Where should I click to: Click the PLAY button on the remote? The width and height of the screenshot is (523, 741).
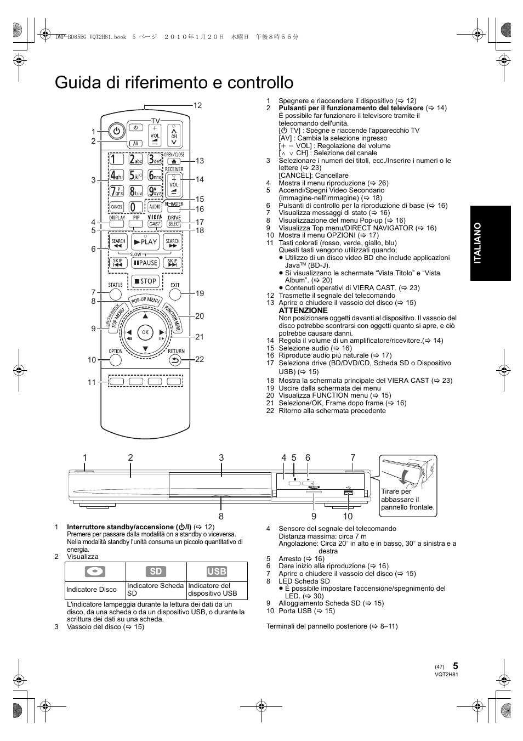pos(145,241)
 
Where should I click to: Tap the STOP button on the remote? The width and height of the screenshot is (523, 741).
pos(145,281)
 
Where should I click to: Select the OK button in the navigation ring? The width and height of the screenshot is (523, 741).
pos(145,332)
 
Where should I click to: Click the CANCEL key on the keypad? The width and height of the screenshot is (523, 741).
pos(116,207)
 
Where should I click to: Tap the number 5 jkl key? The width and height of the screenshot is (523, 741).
pos(135,175)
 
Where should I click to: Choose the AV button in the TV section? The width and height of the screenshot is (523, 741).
pos(135,143)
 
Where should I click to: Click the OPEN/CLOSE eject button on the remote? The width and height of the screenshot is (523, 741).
pos(174,161)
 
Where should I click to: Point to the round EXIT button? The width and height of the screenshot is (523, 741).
pos(175,294)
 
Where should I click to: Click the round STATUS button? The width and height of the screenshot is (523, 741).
pos(115,294)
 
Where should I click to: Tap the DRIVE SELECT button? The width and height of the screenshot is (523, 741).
pos(174,224)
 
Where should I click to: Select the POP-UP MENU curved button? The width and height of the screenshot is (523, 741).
pos(145,300)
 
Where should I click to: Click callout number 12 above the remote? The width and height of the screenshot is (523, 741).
pos(197,105)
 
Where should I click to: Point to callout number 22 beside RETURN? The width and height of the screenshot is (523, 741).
pos(200,359)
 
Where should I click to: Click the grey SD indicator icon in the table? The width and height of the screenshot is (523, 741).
pos(156,572)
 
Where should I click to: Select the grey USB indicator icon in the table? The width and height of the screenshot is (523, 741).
pos(217,572)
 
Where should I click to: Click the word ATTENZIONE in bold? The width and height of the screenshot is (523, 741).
pos(303,310)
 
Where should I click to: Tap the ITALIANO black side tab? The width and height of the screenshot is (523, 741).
pos(490,243)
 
